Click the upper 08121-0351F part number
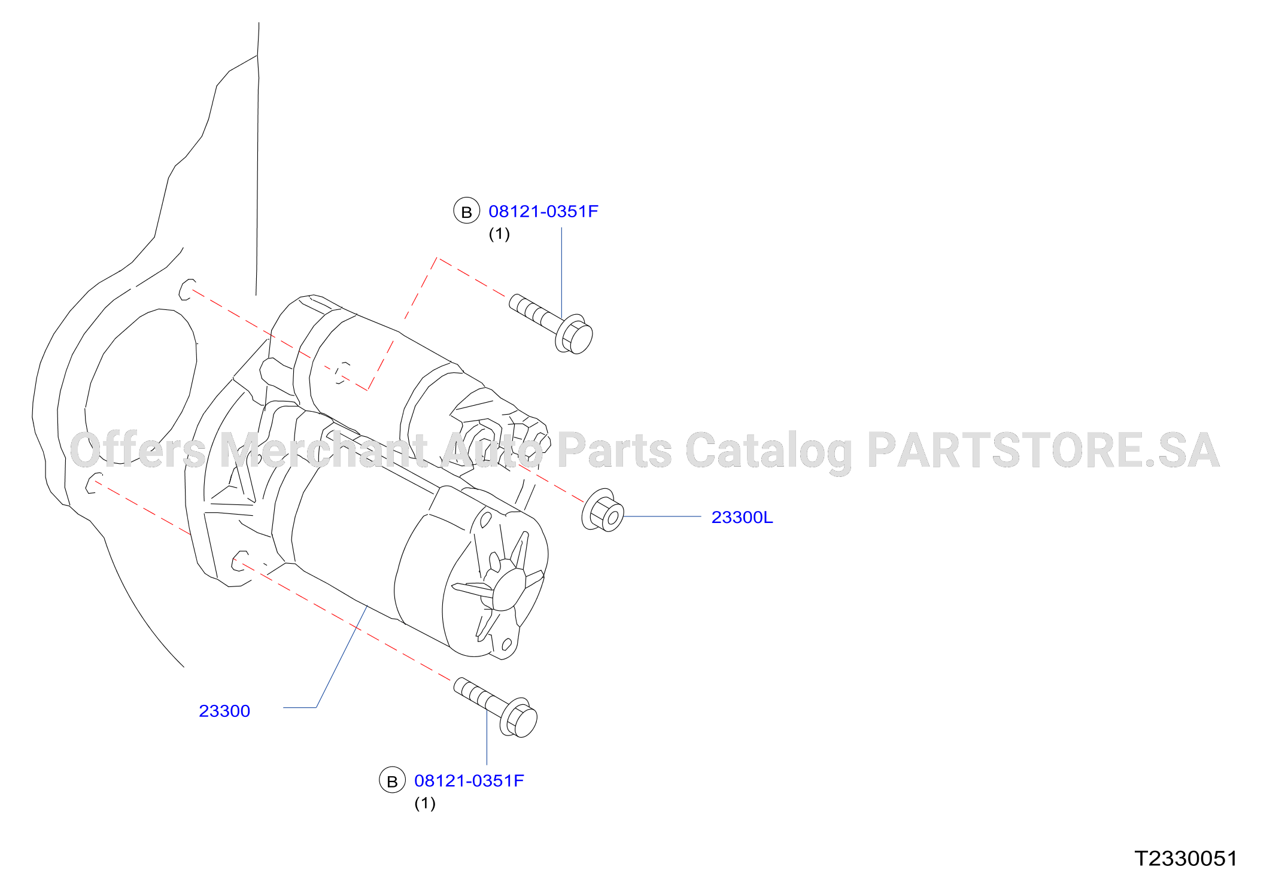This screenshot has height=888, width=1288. pyautogui.click(x=543, y=211)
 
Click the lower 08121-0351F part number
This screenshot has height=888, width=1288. pyautogui.click(x=469, y=781)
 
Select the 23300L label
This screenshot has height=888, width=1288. pyautogui.click(x=742, y=517)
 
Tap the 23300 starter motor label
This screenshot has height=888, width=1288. pyautogui.click(x=224, y=711)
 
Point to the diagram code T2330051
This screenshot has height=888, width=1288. pyautogui.click(x=1186, y=859)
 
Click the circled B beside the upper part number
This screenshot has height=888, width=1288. pyautogui.click(x=467, y=211)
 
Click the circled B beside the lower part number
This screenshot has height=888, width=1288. pyautogui.click(x=393, y=780)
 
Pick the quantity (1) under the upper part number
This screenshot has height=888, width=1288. pyautogui.click(x=499, y=234)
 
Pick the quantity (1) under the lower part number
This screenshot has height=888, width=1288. pyautogui.click(x=425, y=804)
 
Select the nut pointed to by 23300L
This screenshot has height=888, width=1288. pyautogui.click(x=603, y=510)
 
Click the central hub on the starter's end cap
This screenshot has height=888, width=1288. pyautogui.click(x=509, y=589)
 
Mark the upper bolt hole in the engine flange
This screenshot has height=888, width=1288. pyautogui.click(x=187, y=289)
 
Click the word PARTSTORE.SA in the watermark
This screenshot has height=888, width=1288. pyautogui.click(x=1043, y=450)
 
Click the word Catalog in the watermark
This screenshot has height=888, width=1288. pyautogui.click(x=769, y=452)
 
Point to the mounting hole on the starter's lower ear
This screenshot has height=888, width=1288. pyautogui.click(x=240, y=561)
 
